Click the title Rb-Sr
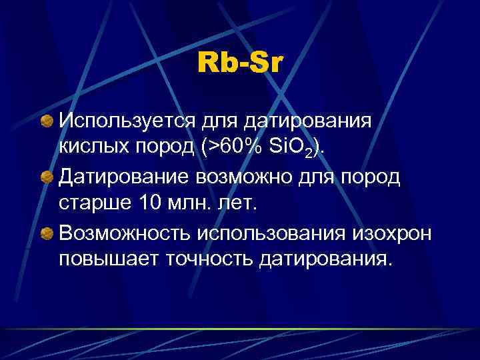pos(239,64)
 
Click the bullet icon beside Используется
pos(46,121)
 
